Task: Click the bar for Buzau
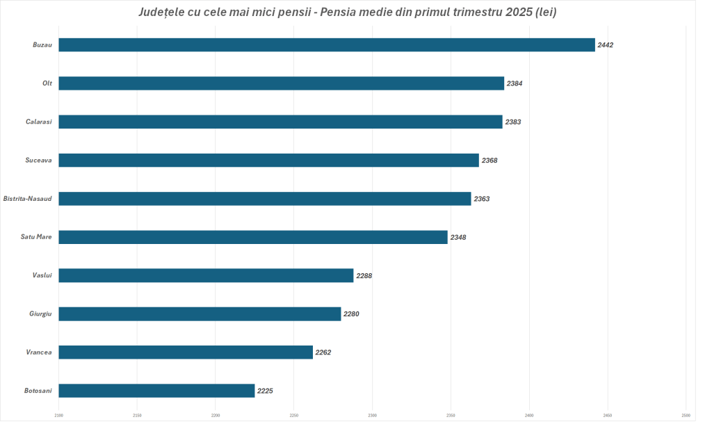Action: click(326, 45)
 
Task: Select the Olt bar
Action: click(281, 83)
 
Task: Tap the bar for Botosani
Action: click(156, 391)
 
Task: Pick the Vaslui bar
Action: click(206, 275)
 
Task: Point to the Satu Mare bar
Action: click(253, 237)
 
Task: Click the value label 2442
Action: click(606, 45)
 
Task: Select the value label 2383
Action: click(513, 122)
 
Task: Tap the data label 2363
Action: click(482, 199)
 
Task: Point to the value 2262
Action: click(323, 352)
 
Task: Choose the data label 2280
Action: click(351, 314)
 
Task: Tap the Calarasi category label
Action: click(39, 122)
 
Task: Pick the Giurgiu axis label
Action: click(40, 314)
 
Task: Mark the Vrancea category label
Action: click(39, 352)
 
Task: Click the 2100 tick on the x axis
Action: click(58, 416)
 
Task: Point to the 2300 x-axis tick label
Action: click(216, 416)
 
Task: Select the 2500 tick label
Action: click(686, 416)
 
